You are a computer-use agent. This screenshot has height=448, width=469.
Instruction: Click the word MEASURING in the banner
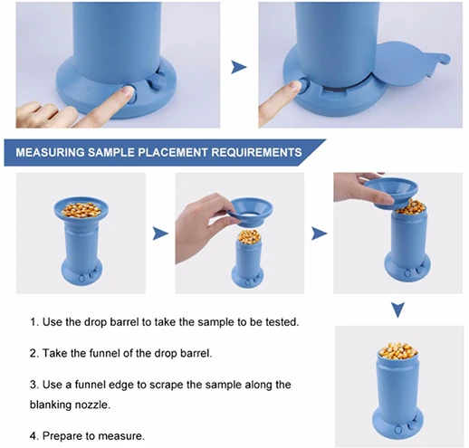point(50,152)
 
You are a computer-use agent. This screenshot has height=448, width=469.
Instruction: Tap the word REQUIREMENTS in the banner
point(256,152)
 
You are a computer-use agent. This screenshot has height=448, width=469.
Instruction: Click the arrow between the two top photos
point(239,67)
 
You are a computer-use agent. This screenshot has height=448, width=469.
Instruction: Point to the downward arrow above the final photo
point(398,310)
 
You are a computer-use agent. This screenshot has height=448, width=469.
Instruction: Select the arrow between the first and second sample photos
point(160,234)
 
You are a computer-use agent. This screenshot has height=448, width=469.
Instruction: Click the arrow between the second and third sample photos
point(319,234)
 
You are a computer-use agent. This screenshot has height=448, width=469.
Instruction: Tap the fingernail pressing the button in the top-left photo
point(128,91)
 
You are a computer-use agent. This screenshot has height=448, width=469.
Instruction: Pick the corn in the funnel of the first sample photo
point(81,210)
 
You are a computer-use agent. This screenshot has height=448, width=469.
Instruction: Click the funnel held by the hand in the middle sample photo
point(252,212)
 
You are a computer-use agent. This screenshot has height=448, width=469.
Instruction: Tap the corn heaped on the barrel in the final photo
point(397,351)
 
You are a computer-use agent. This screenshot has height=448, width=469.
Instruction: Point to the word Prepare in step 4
point(62,436)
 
